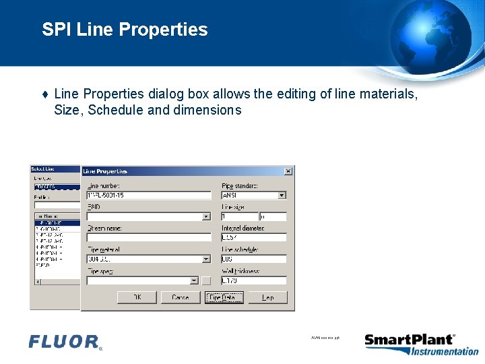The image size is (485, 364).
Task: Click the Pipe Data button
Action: tap(224, 297)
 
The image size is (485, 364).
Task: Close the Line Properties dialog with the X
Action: tap(288, 171)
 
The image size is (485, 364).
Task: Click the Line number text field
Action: tap(148, 195)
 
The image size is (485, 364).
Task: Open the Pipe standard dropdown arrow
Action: tap(282, 195)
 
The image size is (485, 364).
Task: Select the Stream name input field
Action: tap(148, 238)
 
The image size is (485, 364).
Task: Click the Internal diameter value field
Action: tap(254, 238)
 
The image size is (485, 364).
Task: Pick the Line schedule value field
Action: tap(254, 259)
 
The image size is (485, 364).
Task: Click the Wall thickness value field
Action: tap(254, 280)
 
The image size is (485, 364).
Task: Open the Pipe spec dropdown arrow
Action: tap(194, 280)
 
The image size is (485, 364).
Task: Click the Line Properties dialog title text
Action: tap(106, 171)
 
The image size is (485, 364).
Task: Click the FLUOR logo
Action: tap(65, 342)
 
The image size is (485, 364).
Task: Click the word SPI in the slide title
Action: tap(57, 30)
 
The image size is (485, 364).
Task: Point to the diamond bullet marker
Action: tap(44, 95)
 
